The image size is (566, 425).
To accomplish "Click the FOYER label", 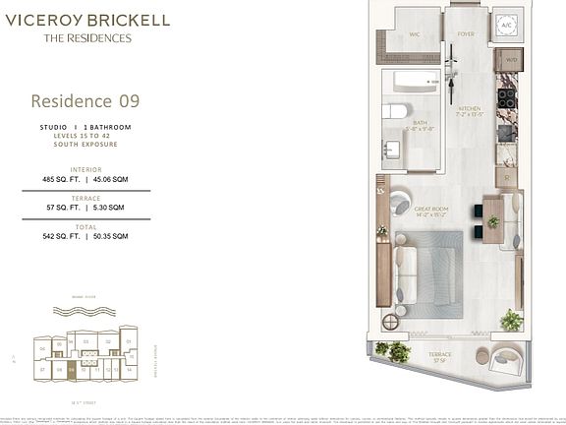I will tap(465, 32).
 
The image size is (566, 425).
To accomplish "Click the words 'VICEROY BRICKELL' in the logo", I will tap(87, 20).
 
